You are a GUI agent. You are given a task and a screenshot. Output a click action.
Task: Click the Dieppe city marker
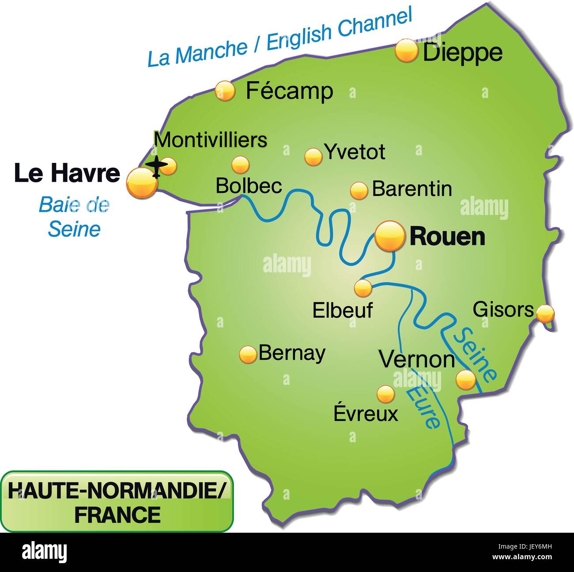click(406, 51)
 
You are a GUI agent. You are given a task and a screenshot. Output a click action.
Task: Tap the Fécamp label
click(289, 91)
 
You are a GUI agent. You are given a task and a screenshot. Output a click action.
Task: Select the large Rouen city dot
click(389, 236)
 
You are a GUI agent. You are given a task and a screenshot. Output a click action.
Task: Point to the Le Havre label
click(67, 173)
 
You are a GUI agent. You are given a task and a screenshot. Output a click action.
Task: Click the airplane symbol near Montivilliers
click(157, 166)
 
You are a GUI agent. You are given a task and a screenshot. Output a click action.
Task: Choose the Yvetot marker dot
click(313, 156)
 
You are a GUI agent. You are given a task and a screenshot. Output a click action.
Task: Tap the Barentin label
click(412, 189)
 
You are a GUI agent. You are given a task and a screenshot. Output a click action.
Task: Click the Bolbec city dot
click(240, 165)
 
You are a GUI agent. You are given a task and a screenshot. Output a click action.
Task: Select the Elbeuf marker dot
click(363, 288)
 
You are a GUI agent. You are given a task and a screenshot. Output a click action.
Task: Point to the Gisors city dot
click(545, 313)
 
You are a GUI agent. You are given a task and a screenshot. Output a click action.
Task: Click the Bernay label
click(292, 353)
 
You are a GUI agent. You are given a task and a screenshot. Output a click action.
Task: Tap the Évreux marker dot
click(385, 394)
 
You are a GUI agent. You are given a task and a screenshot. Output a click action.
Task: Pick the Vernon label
click(417, 360)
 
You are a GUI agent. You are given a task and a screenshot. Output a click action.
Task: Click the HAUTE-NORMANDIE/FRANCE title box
click(117, 502)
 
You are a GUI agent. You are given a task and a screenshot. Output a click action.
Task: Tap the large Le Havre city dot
click(142, 183)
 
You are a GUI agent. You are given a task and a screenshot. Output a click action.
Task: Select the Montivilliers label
click(211, 140)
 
